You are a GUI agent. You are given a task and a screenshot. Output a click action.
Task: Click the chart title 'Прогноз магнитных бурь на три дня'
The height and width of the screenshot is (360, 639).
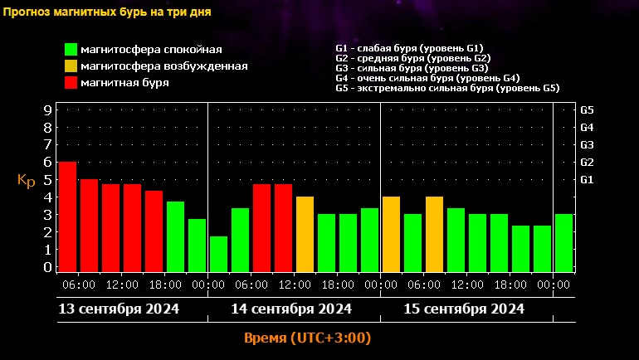pos(105,13)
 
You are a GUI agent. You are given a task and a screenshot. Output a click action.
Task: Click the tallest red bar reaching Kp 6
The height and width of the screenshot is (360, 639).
pos(67,216)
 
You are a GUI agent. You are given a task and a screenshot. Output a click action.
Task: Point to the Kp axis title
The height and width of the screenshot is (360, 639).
pos(27,180)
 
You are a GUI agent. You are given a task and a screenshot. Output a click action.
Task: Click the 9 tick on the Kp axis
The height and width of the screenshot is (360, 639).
pos(48,109)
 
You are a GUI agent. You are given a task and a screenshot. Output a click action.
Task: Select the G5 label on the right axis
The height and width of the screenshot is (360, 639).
pos(587,109)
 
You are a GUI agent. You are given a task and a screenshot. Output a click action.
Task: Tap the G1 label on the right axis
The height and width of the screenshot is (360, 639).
pos(587,179)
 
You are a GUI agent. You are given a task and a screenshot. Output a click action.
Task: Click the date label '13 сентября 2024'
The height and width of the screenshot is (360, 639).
pos(119,309)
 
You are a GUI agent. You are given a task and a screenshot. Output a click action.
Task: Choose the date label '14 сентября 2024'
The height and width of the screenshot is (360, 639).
pos(291,309)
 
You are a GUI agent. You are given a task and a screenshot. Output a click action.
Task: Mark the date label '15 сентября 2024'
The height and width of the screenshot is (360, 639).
pos(464,309)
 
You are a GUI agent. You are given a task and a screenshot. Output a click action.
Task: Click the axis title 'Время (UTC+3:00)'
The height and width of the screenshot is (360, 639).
pos(307,338)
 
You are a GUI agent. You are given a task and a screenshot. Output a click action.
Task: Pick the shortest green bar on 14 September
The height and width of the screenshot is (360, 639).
pos(218,254)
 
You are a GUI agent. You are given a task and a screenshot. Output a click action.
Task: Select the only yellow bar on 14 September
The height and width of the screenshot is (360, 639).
pos(305,233)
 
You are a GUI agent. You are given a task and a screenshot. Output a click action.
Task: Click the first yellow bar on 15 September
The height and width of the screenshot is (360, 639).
pos(391,233)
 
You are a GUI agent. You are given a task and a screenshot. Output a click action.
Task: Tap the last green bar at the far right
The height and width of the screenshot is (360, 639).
pos(563,242)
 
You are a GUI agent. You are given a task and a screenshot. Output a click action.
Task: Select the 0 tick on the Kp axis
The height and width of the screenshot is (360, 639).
pos(48,267)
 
